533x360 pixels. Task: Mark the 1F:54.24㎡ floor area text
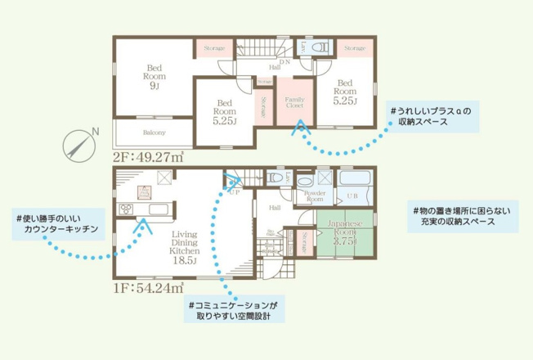(x=148, y=286)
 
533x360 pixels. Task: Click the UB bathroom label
(x=354, y=196)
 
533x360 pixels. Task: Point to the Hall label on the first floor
(x=275, y=207)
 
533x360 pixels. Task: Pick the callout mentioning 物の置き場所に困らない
(x=462, y=216)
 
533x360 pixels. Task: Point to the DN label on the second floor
(x=285, y=62)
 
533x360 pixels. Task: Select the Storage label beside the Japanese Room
(x=304, y=237)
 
